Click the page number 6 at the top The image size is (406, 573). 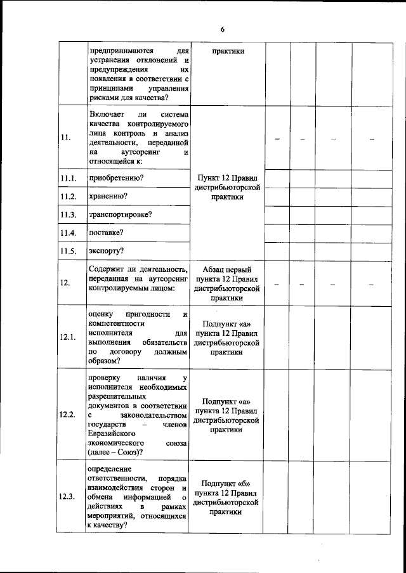223,29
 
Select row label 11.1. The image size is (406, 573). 68,179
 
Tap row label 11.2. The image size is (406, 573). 68,196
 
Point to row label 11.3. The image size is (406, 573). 68,215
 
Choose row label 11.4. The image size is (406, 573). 68,233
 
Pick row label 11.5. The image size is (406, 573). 68,251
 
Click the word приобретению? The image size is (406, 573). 115,178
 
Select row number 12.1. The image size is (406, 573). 68,337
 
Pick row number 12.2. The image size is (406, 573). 68,415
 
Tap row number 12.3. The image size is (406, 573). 68,496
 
